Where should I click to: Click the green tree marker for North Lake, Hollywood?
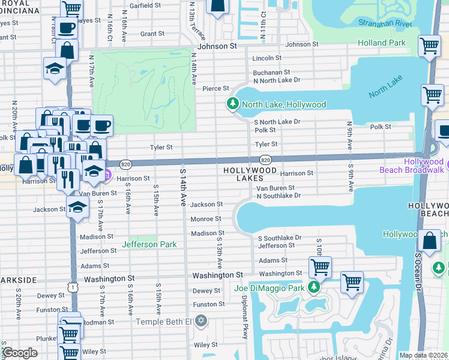pyautogui.click(x=232, y=104)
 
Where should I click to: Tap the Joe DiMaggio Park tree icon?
pyautogui.click(x=313, y=288)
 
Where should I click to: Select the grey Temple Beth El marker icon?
pyautogui.click(x=200, y=321)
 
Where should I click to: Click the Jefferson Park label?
pyautogui.click(x=149, y=244)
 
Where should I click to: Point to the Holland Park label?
pyautogui.click(x=382, y=43)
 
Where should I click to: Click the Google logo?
pyautogui.click(x=20, y=352)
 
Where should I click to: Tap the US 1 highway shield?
pyautogui.click(x=73, y=287)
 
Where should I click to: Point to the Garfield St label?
pyautogui.click(x=145, y=5)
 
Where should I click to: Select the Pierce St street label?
pyautogui.click(x=216, y=88)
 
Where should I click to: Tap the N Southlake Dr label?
pyautogui.click(x=279, y=196)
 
